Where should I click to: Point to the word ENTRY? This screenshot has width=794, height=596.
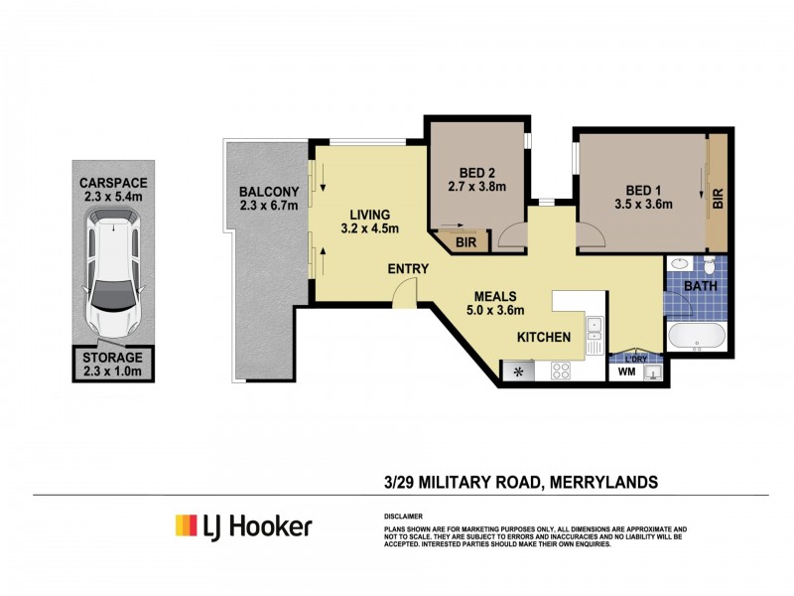(x=409, y=267)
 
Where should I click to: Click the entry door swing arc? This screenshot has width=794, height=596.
(x=404, y=290)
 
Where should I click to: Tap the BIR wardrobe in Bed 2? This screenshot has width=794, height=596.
(x=464, y=241)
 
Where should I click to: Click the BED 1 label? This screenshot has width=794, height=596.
(x=644, y=190)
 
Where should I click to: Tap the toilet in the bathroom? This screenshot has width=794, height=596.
(x=710, y=266)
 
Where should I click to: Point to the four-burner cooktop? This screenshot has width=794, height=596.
(x=561, y=372)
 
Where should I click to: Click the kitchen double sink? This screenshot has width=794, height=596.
(x=594, y=335)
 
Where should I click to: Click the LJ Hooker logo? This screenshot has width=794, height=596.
(x=243, y=525)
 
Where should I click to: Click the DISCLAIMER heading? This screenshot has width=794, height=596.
(x=403, y=517)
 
